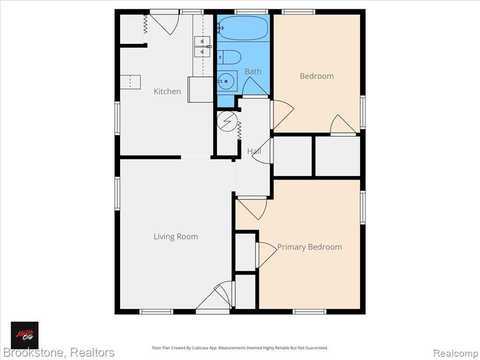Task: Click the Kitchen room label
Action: click(x=167, y=91)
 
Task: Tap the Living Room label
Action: click(x=176, y=237)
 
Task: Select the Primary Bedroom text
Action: click(x=309, y=247)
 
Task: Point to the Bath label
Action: click(x=253, y=72)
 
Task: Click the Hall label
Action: click(x=254, y=151)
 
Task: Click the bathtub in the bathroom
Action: click(x=243, y=28)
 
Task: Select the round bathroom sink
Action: click(x=227, y=82)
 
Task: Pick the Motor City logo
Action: click(x=25, y=335)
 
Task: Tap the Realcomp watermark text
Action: click(x=455, y=353)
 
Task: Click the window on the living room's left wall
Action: click(x=117, y=194)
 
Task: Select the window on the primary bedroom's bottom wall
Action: click(x=309, y=312)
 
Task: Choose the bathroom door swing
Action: click(x=255, y=87)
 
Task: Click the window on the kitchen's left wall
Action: click(x=117, y=118)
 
